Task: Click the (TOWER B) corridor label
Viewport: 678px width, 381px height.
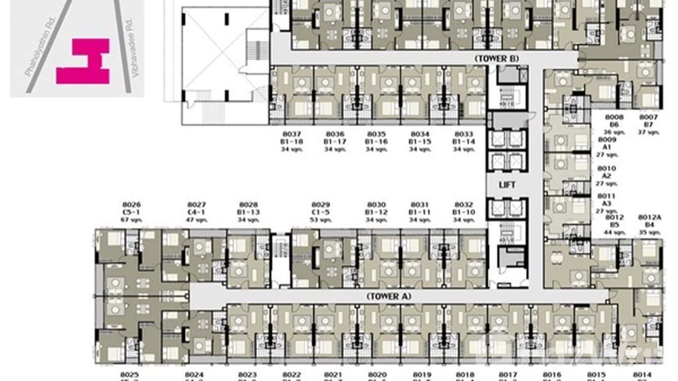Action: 497,59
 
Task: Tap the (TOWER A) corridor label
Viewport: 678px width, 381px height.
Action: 389,297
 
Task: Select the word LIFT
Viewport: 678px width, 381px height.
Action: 507,185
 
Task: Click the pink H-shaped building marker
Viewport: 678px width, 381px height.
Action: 83,61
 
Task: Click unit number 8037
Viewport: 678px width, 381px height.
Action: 292,134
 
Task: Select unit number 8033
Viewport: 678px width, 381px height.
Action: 464,134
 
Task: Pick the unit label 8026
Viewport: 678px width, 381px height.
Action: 131,205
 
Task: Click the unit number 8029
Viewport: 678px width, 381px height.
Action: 321,205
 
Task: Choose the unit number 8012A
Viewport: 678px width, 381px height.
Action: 649,217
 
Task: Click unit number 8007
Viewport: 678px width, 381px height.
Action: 649,117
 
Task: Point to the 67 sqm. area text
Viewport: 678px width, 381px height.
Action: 131,220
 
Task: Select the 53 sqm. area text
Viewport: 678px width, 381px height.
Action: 321,220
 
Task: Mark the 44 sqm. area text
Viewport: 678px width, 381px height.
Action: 614,232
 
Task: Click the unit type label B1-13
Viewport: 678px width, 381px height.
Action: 249,212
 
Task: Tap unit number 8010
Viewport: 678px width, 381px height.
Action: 606,168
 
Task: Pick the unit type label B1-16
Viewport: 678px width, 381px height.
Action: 377,141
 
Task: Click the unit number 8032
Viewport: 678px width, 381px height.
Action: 464,205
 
